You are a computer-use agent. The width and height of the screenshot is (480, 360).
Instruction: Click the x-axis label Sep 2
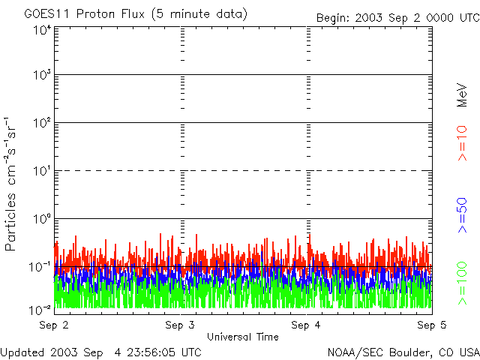pyautogui.click(x=54, y=325)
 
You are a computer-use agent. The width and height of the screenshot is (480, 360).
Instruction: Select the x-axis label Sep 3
pyautogui.click(x=180, y=325)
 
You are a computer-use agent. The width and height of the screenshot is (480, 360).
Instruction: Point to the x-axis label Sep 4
pyautogui.click(x=306, y=325)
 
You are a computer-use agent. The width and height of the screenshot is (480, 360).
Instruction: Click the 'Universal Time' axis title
pyautogui.click(x=243, y=337)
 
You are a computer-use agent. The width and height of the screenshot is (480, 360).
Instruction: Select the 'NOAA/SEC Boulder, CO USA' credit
pyautogui.click(x=403, y=352)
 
